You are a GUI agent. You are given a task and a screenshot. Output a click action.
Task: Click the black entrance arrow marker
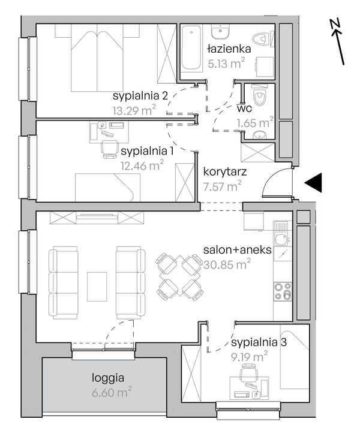click(313, 183)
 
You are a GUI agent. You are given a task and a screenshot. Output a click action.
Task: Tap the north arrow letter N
click(335, 25)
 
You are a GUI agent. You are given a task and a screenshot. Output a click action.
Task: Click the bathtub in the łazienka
click(191, 47)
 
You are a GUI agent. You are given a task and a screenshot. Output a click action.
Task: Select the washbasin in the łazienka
click(220, 31)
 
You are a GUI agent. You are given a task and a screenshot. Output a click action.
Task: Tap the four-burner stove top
click(283, 291)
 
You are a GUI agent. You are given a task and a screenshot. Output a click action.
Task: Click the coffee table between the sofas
click(97, 287)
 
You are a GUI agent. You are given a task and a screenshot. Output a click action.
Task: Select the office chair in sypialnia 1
click(109, 149)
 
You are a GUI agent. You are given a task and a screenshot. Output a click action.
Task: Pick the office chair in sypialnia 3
click(249, 372)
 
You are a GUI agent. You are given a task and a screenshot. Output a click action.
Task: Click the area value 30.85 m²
click(227, 264)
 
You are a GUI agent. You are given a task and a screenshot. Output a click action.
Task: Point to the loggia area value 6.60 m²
click(112, 392)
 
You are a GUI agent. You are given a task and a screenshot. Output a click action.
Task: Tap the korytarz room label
click(225, 171)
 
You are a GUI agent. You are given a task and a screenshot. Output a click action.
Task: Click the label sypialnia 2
click(140, 96)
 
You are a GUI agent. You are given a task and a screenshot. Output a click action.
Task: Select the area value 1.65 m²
click(255, 122)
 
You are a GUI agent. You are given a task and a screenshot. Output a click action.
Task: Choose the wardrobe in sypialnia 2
click(167, 53)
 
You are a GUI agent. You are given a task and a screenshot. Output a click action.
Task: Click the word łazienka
click(229, 49)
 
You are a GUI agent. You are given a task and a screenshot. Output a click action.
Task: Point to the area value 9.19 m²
click(249, 357)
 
